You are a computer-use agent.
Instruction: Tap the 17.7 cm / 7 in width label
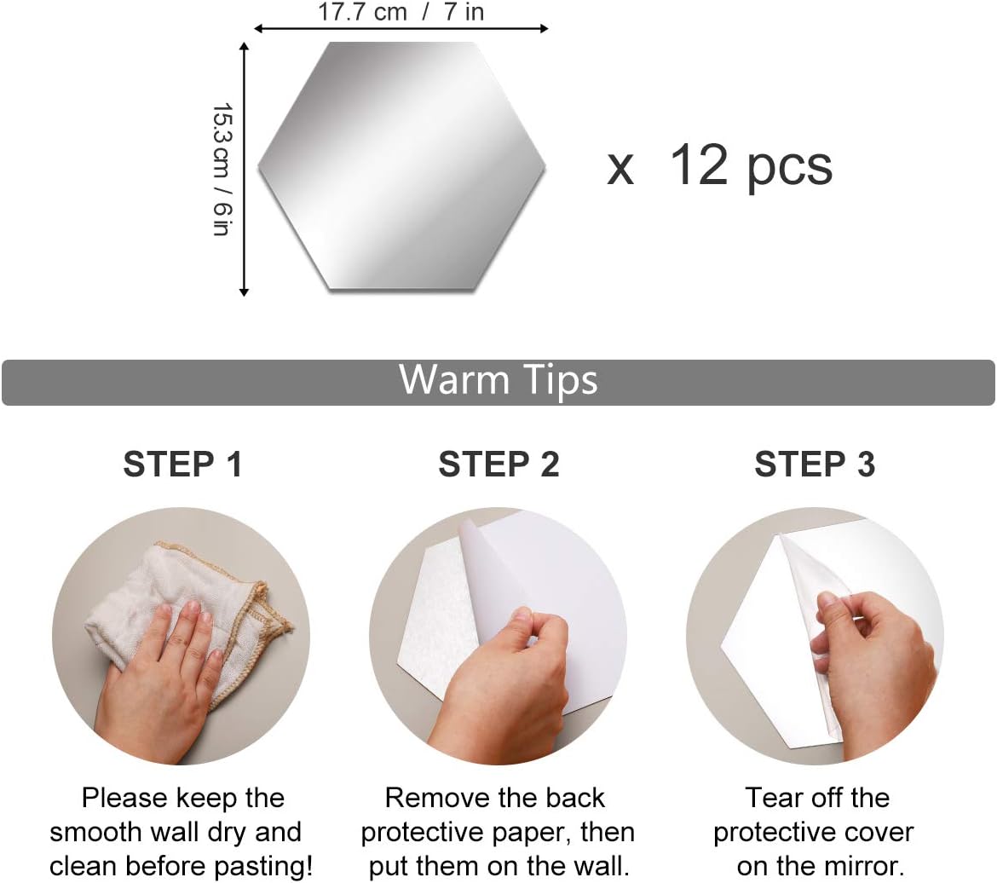pyautogui.click(x=401, y=11)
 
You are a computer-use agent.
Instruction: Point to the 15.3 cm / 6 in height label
pyautogui.click(x=222, y=170)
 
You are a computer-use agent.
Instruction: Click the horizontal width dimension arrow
pyautogui.click(x=401, y=28)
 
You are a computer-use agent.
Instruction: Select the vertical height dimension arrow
pyautogui.click(x=244, y=170)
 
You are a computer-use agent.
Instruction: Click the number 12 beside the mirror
pyautogui.click(x=699, y=164)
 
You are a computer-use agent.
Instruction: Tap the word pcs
pyautogui.click(x=790, y=169)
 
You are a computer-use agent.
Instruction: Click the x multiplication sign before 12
pyautogui.click(x=620, y=170)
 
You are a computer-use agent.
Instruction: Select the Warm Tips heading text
pyautogui.click(x=498, y=380)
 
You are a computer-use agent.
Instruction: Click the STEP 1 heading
pyautogui.click(x=183, y=464)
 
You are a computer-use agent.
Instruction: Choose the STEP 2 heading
pyautogui.click(x=499, y=464)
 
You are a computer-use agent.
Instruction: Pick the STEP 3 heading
pyautogui.click(x=815, y=464)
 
